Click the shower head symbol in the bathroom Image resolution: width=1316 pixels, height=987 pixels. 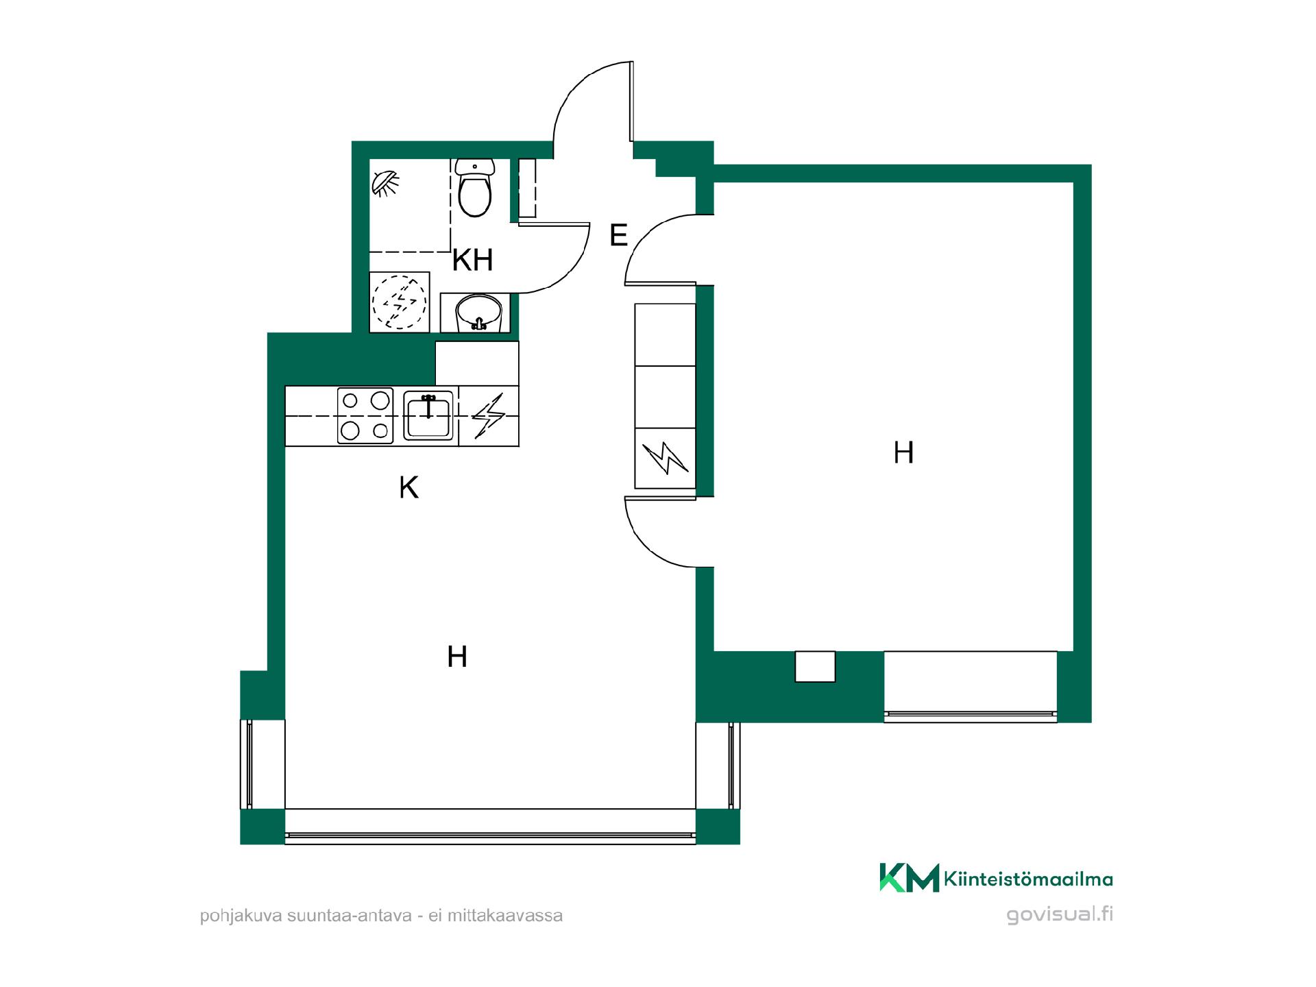coord(386,184)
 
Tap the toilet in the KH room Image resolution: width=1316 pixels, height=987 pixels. coord(474,187)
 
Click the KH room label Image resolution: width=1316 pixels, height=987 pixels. coord(473,260)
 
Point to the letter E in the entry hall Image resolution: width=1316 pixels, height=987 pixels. coord(618,236)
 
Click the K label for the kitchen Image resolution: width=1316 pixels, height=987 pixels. coord(409,488)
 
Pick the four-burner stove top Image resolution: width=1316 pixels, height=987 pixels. coord(365,415)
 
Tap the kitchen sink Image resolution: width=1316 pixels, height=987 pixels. coord(429,415)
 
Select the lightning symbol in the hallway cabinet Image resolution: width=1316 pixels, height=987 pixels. coord(665,459)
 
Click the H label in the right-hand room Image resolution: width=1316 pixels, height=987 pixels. coord(903,453)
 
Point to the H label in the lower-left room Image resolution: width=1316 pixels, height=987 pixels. coord(457,657)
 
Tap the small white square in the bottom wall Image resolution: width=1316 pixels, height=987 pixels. coord(815,666)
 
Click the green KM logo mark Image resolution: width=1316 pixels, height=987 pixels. coord(909,878)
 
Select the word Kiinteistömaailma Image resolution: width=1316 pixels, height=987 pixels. coord(1028,879)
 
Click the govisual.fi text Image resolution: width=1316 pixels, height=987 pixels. coord(1060,914)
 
